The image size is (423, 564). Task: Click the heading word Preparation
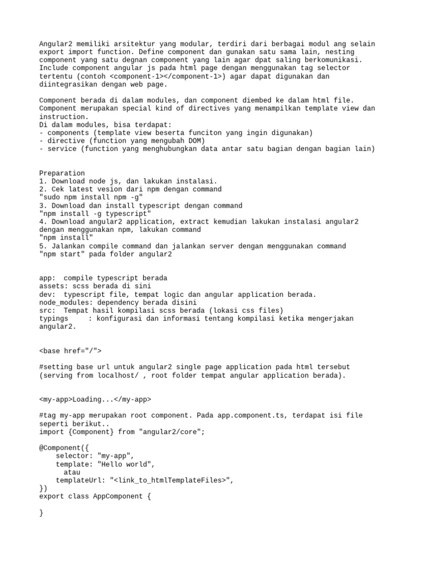[x=62, y=173]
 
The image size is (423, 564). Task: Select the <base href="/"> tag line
[x=70, y=350]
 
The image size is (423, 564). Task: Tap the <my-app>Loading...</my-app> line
[x=95, y=399]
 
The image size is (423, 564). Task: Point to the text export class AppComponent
[x=94, y=496]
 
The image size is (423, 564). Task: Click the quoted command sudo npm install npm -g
[x=92, y=197]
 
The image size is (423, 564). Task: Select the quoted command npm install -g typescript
[x=94, y=213]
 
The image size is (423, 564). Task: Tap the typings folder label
[x=53, y=318]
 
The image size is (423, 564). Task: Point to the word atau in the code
[x=72, y=472]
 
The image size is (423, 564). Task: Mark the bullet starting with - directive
[x=122, y=140]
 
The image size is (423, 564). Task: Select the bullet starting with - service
[x=207, y=149]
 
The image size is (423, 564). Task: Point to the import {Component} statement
[x=122, y=432]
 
